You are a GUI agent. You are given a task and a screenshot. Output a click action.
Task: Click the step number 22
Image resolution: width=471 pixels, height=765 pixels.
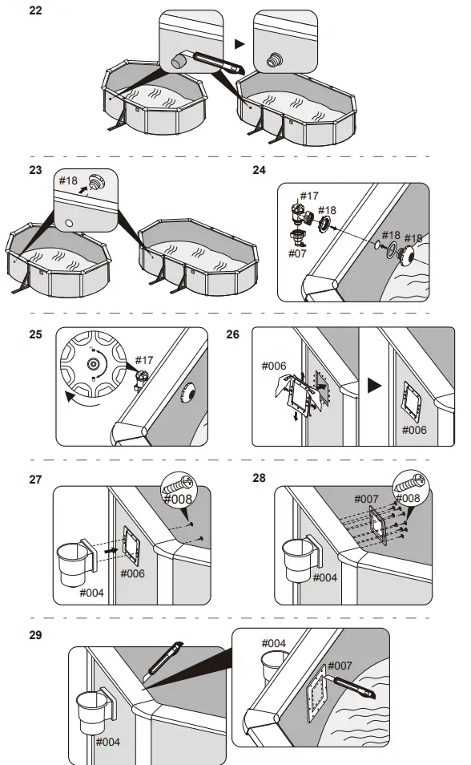coord(35,10)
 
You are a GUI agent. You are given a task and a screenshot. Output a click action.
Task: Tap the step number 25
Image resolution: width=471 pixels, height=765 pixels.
coord(35,334)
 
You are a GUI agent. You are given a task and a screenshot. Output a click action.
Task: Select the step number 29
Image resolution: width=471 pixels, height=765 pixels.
coord(35,635)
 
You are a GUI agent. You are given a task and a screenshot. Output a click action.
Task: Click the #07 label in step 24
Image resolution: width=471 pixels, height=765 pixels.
coord(297,253)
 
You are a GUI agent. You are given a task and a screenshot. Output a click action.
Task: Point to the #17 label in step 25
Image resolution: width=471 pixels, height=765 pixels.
coord(144,360)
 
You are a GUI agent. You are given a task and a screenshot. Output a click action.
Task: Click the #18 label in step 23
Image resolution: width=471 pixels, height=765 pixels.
coord(68,180)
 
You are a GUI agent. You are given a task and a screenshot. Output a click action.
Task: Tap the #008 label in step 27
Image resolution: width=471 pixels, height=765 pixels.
coord(178,499)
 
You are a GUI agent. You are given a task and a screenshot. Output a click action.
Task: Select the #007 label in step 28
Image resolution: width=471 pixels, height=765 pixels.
coord(366,499)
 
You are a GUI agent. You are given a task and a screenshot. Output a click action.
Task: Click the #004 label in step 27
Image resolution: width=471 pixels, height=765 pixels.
coord(91,593)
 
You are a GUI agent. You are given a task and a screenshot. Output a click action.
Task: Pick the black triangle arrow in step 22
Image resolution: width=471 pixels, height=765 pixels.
coord(239,44)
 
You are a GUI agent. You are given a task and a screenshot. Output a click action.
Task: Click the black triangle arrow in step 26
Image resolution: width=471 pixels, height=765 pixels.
coord(374,386)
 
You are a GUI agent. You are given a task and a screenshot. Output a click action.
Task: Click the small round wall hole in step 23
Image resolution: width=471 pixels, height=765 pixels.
coord(69,224)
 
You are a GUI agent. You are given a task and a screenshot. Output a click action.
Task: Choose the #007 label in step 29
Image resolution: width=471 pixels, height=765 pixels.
coord(340,666)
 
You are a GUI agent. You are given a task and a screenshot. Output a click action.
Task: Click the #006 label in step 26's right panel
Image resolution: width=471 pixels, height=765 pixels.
coord(414,430)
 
